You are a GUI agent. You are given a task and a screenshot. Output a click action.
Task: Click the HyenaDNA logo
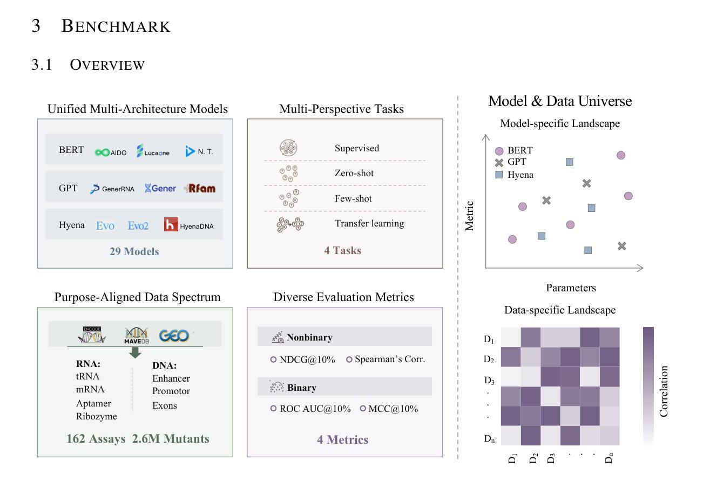[x=189, y=225]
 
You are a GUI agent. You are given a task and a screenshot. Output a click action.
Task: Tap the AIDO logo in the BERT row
[x=111, y=152]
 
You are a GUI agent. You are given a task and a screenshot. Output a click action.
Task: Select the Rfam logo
[x=199, y=189]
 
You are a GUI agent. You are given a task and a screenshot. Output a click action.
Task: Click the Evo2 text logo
[x=138, y=225]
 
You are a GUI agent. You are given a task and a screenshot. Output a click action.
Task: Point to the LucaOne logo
[x=153, y=151]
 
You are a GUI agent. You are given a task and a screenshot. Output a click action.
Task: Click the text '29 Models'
[x=134, y=251]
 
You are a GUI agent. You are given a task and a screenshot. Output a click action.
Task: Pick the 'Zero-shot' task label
[x=354, y=174]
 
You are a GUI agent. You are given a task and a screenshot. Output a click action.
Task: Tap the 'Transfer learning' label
[x=369, y=223]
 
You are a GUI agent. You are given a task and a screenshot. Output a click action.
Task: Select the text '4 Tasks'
[x=342, y=250]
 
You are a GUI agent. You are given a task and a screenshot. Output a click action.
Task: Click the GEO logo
[x=174, y=336]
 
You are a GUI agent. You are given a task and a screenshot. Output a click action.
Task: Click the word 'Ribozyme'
[x=97, y=416]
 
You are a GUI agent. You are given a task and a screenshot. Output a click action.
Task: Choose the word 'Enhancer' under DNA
[x=171, y=378]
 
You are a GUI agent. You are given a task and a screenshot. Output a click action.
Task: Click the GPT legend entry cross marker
[x=499, y=162]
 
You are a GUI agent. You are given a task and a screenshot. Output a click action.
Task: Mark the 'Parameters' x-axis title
[x=571, y=288]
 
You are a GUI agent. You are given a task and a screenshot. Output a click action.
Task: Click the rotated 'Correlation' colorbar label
[x=664, y=391]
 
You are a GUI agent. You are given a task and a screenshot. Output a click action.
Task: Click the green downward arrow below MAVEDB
[x=136, y=352]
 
